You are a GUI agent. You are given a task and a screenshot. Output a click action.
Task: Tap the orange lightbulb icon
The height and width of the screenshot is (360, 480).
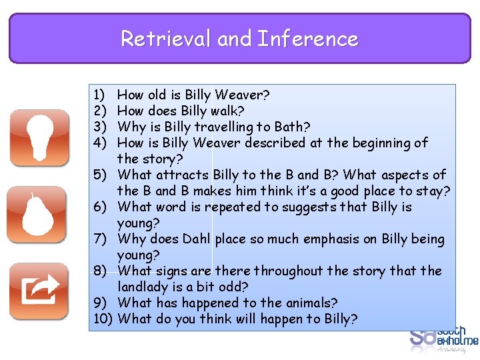click(x=39, y=139)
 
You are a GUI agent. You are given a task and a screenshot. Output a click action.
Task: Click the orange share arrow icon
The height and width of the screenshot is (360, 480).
click(x=39, y=291)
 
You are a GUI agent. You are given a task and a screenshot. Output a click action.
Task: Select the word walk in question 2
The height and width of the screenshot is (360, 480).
click(x=227, y=111)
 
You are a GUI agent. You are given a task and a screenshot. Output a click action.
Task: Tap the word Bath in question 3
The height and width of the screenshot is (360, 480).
click(x=293, y=127)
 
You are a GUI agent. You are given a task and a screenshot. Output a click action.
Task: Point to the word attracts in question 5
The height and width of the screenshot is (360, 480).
click(x=183, y=175)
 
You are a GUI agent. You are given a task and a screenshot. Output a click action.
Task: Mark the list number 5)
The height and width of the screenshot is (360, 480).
click(x=100, y=175)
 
